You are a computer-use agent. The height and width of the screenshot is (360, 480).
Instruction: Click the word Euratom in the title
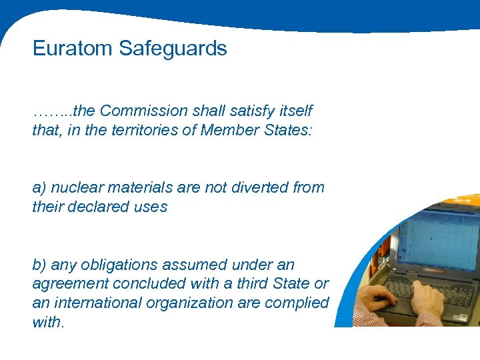73,49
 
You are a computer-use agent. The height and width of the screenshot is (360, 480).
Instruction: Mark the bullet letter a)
39,188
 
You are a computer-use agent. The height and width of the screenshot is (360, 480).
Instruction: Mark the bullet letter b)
39,265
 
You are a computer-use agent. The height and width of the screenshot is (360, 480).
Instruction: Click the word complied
299,303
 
